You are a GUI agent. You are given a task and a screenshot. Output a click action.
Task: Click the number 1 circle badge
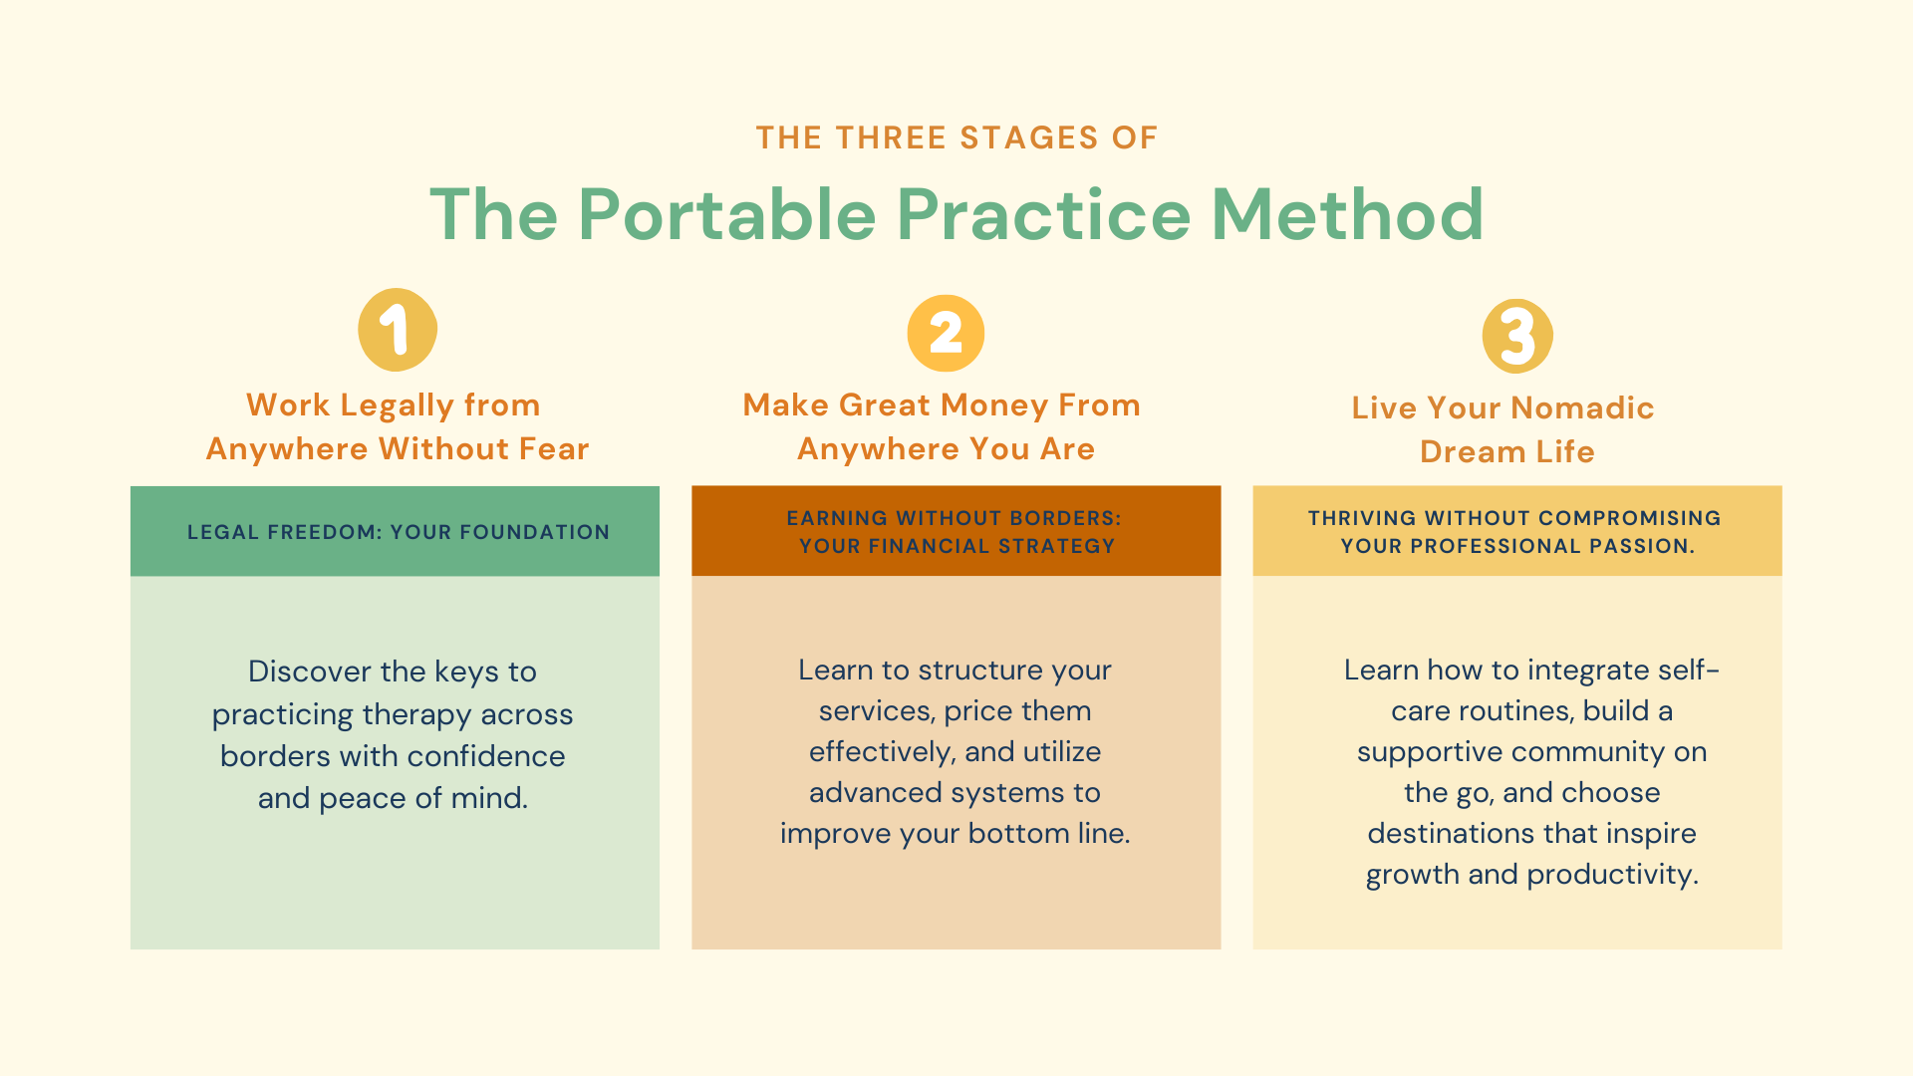click(x=398, y=330)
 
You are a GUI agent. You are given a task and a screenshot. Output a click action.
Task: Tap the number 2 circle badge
click(x=946, y=333)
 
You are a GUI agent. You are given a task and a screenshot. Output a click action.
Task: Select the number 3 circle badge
click(x=1517, y=336)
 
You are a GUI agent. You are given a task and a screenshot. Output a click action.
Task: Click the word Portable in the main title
click(x=727, y=214)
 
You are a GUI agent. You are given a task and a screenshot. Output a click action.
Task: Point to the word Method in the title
click(x=1347, y=214)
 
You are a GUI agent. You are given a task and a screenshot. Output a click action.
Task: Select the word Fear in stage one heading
click(x=554, y=449)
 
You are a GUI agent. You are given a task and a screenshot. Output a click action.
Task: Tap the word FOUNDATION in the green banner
click(x=534, y=532)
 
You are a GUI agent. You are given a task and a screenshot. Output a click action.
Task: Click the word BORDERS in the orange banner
click(x=1066, y=518)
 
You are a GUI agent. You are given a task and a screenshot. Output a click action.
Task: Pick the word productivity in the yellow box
click(x=1613, y=875)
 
